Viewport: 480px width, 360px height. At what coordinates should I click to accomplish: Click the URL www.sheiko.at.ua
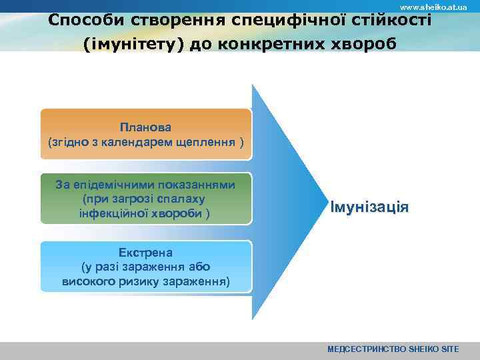click(433, 7)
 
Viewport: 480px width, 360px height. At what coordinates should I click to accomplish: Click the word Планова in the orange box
click(146, 127)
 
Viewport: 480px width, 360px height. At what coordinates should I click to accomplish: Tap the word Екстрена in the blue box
click(145, 253)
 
